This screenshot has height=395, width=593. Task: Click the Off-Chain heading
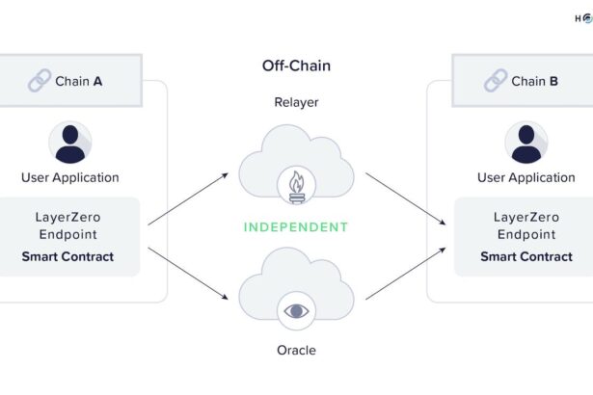point(296,66)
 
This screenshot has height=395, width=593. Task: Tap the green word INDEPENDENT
point(296,227)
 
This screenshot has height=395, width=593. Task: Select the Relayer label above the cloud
point(296,102)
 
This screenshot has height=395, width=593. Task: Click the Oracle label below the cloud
point(296,350)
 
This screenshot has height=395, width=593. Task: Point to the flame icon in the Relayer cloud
point(296,183)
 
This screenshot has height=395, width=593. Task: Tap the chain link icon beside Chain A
point(40,81)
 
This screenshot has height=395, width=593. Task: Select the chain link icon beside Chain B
point(496,81)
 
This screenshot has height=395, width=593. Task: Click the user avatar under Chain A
point(70,143)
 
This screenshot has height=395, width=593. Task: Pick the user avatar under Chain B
point(526,143)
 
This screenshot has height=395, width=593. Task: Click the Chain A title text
point(79,81)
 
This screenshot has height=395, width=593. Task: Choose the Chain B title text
point(535,81)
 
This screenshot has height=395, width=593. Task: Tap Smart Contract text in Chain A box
point(67,256)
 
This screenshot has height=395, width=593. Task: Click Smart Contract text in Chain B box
point(526,256)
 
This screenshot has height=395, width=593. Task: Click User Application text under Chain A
point(70,177)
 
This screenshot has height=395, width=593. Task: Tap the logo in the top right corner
point(584,17)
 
